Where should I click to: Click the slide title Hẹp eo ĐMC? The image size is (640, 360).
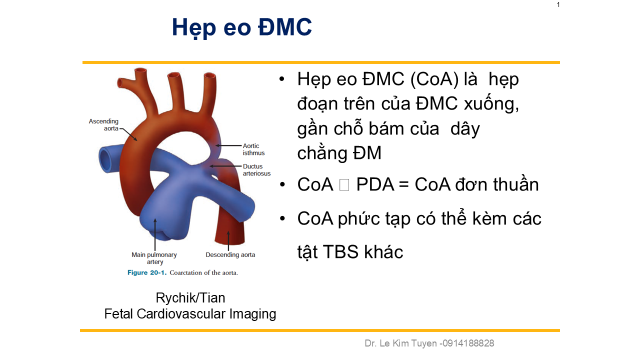tap(241, 27)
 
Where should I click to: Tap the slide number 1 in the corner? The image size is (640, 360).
tap(558, 4)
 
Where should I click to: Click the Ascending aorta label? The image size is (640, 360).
tap(103, 125)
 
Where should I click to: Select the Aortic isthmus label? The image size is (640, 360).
tap(253, 149)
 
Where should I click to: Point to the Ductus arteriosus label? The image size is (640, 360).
tap(256, 169)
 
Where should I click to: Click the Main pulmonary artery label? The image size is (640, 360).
tap(154, 258)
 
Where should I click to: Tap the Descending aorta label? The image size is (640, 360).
tap(230, 254)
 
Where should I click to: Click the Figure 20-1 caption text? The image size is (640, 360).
tap(182, 272)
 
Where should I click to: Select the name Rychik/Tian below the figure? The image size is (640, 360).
tap(190, 297)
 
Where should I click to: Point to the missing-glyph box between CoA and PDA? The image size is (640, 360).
tap(344, 185)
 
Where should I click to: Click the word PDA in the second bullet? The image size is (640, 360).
tap(375, 184)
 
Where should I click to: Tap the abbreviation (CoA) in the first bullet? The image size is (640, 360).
tap(434, 79)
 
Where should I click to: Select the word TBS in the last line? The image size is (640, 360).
tap(340, 251)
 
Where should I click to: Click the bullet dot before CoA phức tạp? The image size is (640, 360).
tap(282, 219)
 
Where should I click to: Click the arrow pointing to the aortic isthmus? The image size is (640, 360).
tap(228, 145)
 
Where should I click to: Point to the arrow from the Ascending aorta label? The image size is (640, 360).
tap(128, 134)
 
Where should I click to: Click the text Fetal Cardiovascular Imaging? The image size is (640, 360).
tap(190, 314)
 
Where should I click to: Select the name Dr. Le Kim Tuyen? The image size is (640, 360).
tap(401, 343)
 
